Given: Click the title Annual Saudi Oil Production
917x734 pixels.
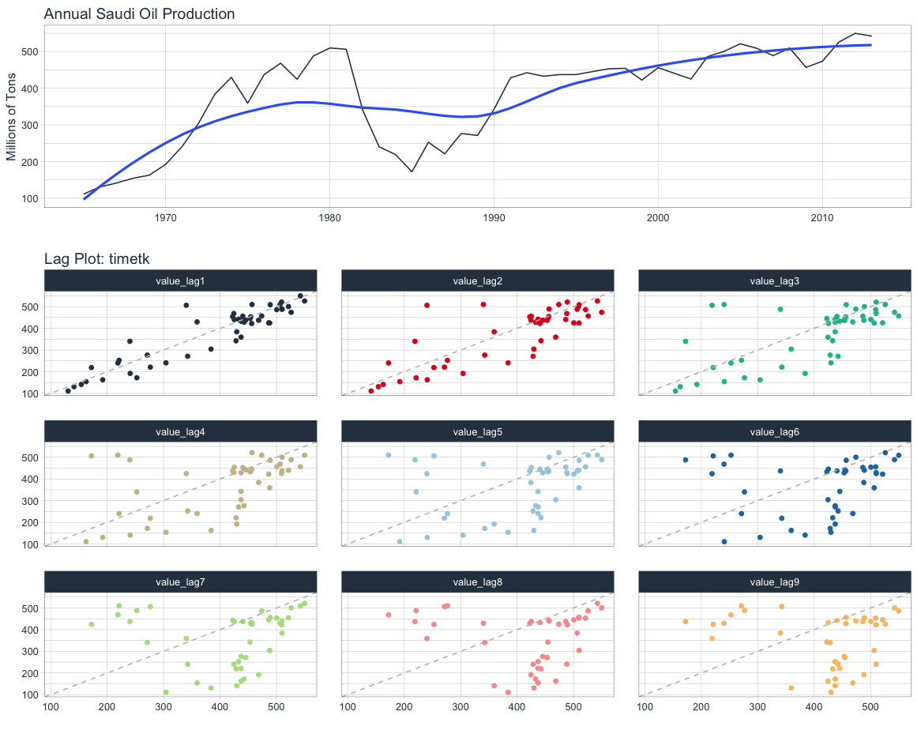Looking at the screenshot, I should [x=139, y=14].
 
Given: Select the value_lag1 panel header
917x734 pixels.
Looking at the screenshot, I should [x=180, y=280].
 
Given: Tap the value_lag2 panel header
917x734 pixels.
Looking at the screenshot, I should [x=477, y=280].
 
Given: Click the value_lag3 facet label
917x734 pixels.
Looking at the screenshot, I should [x=774, y=280].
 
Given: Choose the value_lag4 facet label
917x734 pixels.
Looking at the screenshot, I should [x=180, y=432].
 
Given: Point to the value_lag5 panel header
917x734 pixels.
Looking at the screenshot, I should [x=477, y=432].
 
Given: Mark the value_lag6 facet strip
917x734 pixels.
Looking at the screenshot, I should [x=774, y=432].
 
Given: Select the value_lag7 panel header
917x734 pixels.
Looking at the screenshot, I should [x=180, y=582].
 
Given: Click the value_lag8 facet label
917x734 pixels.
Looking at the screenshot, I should [x=477, y=582].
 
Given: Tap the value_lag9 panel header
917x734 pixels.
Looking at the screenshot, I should [x=774, y=582].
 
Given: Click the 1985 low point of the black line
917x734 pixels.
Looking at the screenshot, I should [x=412, y=171].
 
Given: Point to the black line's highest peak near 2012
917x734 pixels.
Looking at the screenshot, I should [x=855, y=33].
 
